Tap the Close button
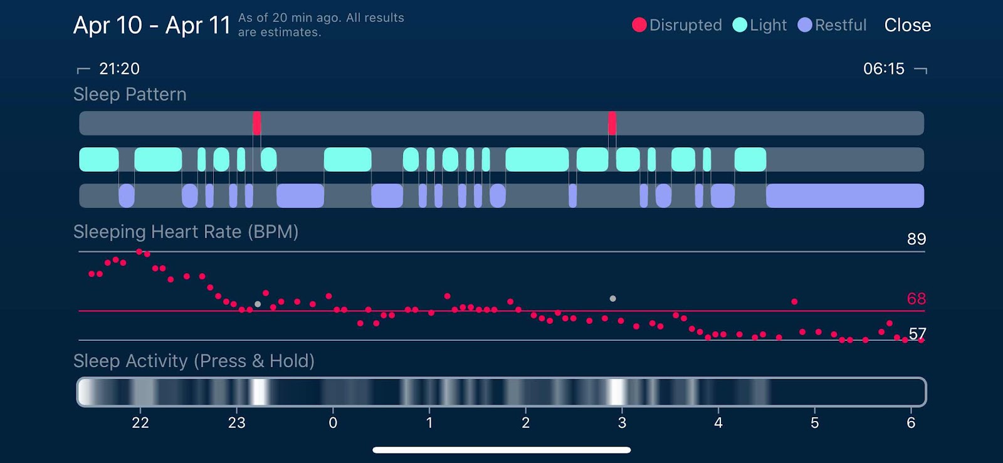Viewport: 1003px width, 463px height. [x=907, y=25]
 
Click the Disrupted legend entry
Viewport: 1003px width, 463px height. [x=677, y=25]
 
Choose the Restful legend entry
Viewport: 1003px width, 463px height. [x=832, y=25]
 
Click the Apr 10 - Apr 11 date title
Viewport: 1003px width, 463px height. [x=152, y=25]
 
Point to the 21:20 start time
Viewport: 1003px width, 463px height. [x=119, y=69]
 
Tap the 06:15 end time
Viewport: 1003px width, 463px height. [x=884, y=69]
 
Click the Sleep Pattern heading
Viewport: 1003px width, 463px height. [x=130, y=95]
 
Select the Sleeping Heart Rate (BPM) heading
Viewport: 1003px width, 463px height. [x=186, y=232]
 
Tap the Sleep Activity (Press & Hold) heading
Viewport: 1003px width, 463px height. [x=194, y=361]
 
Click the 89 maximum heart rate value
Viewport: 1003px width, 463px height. [x=916, y=239]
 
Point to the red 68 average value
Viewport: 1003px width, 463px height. [x=916, y=299]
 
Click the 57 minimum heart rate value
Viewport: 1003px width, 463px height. [x=917, y=333]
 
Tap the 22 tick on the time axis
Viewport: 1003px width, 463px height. [x=140, y=423]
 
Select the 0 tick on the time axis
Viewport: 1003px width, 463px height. [x=333, y=423]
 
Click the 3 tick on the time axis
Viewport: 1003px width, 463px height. [x=622, y=423]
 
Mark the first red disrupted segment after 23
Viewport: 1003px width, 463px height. [x=257, y=123]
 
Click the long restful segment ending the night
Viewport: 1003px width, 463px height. [x=844, y=195]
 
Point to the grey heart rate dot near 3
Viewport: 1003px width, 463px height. [x=612, y=299]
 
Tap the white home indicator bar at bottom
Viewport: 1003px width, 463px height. [x=501, y=450]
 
